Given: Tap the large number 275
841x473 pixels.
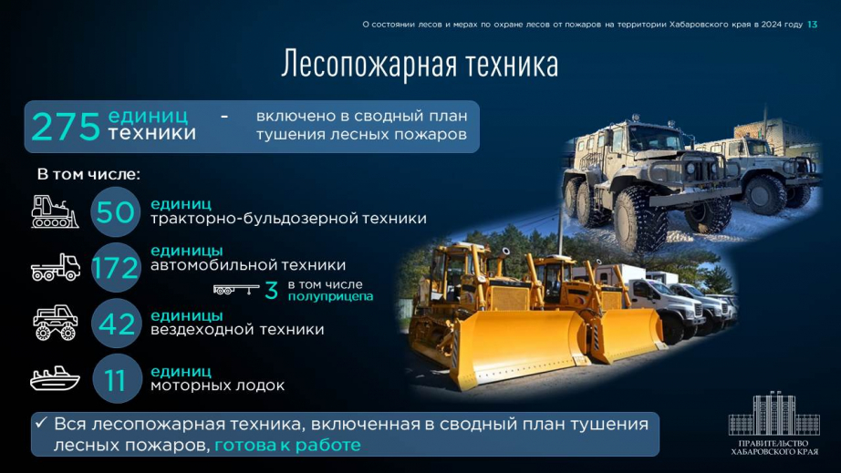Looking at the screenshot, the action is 66,127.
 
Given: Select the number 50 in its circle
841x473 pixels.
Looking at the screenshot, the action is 115,212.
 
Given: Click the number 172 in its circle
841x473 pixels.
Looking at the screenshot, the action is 115,268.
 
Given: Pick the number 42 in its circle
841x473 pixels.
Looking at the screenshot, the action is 116,324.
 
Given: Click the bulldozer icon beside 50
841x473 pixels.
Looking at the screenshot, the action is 54,212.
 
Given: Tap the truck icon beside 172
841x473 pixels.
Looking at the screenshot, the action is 56,267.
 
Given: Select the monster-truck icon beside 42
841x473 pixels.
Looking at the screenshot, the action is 56,323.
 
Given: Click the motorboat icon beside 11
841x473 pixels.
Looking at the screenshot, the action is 55,379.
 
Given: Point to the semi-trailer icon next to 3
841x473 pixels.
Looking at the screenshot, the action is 236,290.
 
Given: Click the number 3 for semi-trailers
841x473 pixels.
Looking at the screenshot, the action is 272,291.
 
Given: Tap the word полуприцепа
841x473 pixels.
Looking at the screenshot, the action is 330,297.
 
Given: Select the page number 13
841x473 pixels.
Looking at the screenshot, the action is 812,25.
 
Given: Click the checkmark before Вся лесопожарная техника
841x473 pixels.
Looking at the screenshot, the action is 41,423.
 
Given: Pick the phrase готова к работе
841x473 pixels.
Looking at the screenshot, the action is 287,445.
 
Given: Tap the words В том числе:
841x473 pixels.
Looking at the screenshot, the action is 88,175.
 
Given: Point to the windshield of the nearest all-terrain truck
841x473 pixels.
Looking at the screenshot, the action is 654,139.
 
